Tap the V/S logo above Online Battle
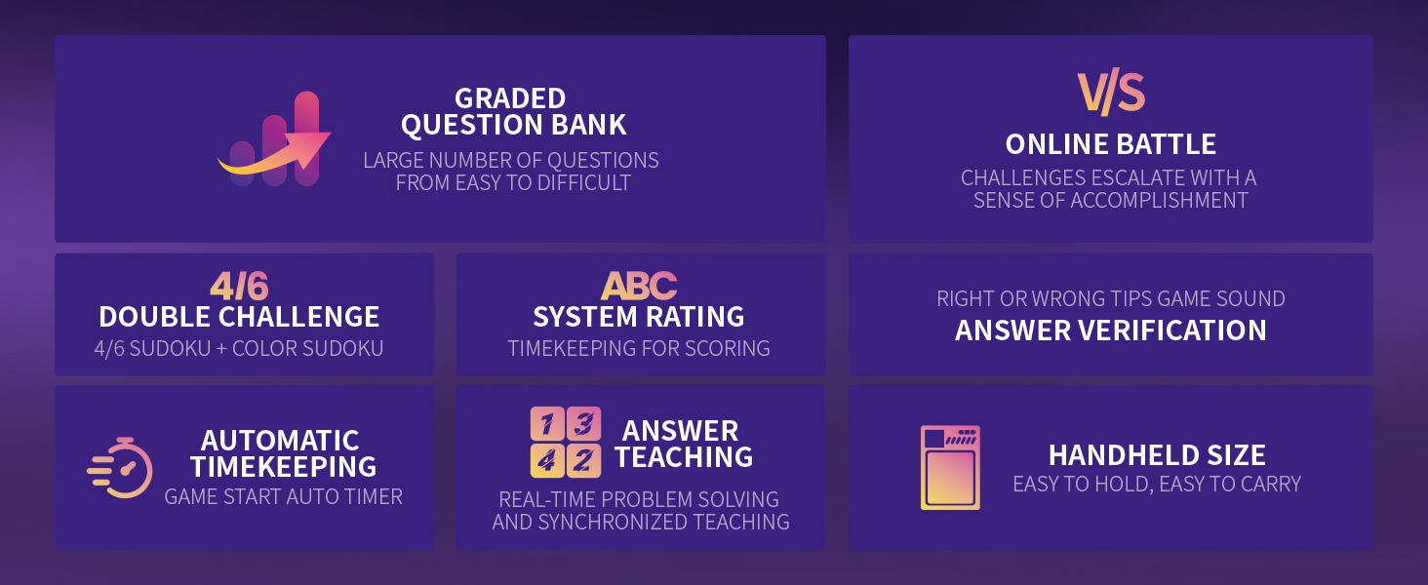[x=1111, y=93]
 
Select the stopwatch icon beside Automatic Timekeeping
[x=121, y=468]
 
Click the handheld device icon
[x=950, y=468]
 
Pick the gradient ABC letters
[x=639, y=286]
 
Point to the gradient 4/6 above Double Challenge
[x=239, y=286]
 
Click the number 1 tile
[x=547, y=424]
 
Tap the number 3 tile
[x=584, y=424]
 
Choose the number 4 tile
[x=547, y=461]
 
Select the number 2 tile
[x=584, y=461]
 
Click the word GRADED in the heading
[x=510, y=98]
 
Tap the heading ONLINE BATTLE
[x=1111, y=144]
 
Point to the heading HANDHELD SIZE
[x=1157, y=455]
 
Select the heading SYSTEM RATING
[x=639, y=317]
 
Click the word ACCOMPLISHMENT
[x=1159, y=201]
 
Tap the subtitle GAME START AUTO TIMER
[x=284, y=497]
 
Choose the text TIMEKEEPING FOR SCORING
[x=639, y=349]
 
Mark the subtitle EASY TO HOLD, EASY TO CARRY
[x=1157, y=485]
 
